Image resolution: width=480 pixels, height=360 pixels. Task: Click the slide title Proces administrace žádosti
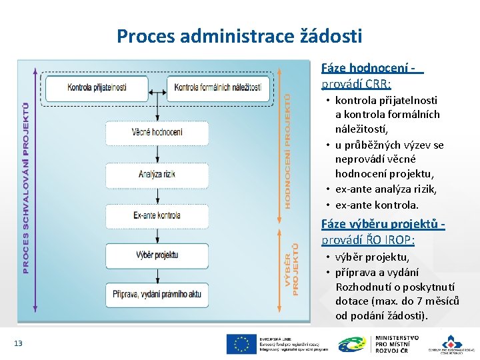point(239,35)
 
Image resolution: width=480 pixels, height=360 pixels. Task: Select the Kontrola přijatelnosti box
point(97,87)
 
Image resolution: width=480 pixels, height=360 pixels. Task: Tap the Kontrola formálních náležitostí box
point(221,87)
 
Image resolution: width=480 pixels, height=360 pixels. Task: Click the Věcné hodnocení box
point(157,132)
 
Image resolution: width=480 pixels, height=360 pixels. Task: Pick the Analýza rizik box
point(157,175)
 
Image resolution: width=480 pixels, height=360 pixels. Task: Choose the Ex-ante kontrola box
point(157,215)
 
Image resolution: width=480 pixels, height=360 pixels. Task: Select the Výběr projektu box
point(157,255)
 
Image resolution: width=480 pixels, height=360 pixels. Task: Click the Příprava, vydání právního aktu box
point(157,294)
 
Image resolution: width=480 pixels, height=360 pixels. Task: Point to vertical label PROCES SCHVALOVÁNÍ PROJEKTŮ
point(26,187)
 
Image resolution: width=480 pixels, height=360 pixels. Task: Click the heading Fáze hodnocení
point(372,69)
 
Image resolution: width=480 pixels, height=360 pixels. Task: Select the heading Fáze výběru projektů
point(383,224)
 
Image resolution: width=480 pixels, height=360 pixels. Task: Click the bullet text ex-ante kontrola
point(377,205)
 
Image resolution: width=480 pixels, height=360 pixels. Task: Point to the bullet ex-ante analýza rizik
point(386,189)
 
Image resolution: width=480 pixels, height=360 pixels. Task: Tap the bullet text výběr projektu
point(372,257)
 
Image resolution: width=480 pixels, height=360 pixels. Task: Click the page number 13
point(18,343)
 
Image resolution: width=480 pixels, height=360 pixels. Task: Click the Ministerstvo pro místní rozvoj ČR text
point(397,344)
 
